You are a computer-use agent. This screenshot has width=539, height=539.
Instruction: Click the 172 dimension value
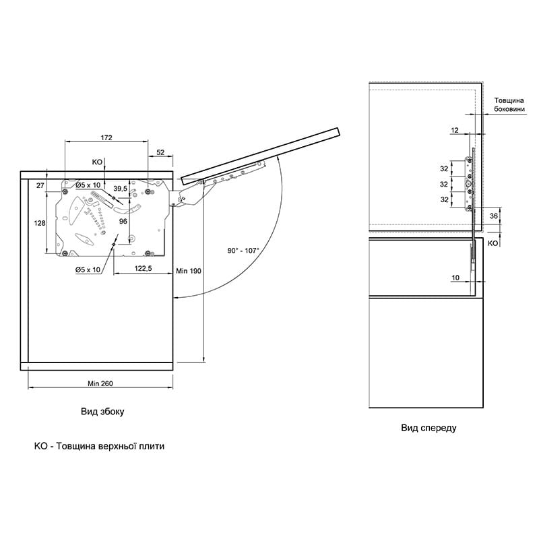106,137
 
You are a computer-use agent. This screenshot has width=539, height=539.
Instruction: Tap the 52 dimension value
160,152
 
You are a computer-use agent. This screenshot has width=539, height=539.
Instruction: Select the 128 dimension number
40,223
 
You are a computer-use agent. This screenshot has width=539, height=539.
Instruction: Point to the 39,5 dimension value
121,189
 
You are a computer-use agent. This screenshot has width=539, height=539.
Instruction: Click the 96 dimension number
123,222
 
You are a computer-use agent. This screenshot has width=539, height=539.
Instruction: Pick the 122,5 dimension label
143,268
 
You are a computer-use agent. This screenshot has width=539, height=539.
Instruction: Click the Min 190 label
189,271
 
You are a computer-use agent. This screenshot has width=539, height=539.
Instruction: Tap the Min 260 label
100,383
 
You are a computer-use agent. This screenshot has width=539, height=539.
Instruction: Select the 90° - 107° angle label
243,251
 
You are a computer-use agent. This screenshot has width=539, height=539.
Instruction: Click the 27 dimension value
40,185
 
